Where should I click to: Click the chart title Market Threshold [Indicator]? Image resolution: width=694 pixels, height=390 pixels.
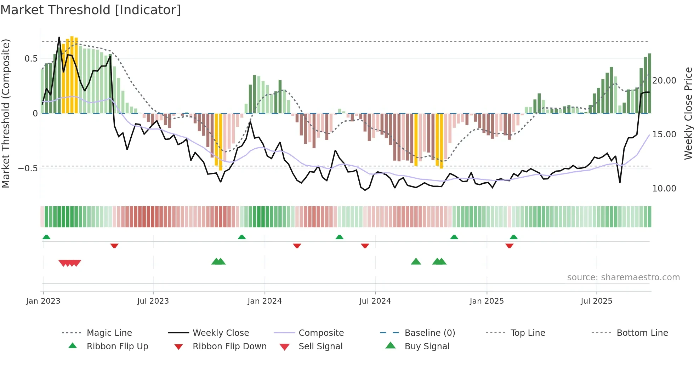91,10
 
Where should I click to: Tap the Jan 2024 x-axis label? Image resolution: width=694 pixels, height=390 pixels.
264,301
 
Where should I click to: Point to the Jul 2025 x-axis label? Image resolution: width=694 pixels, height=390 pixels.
596,301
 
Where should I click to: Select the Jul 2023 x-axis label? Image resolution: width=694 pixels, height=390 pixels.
153,301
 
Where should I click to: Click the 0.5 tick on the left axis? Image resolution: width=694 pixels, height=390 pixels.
31,59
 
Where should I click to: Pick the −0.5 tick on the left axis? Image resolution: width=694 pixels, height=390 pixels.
28,168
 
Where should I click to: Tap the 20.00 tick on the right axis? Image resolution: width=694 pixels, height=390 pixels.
664,81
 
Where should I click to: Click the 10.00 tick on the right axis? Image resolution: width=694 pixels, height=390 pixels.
664,189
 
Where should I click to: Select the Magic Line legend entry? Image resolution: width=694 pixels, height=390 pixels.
109,333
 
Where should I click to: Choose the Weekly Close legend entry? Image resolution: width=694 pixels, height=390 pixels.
221,333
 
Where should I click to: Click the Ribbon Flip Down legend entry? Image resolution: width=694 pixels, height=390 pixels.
229,346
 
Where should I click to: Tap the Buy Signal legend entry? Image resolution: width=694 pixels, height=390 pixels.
427,346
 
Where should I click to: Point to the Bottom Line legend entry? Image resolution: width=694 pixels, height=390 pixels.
642,333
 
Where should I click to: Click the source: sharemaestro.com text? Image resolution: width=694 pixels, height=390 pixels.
623,277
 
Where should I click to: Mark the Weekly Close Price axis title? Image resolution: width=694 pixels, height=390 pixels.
688,113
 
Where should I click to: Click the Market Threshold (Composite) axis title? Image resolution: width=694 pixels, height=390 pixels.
6,113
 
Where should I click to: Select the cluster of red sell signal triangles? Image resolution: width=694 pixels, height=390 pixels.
70,263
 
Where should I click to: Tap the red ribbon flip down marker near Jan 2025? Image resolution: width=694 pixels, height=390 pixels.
509,246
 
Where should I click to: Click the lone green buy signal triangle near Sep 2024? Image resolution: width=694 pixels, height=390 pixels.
416,262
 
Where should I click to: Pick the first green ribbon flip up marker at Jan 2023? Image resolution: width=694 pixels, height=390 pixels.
46,237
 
